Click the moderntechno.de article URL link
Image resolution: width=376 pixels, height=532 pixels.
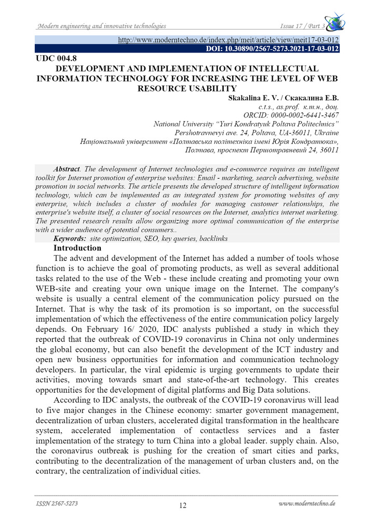(x=229, y=40)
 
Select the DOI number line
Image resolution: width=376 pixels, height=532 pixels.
(x=273, y=49)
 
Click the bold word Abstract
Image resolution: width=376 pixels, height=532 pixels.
(x=66, y=169)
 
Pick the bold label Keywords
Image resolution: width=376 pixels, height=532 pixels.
(x=71, y=238)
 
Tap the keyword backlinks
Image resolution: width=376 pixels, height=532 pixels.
(x=211, y=238)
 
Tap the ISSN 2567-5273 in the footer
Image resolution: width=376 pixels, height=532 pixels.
(x=58, y=503)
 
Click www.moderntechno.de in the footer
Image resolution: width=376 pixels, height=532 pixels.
(x=306, y=503)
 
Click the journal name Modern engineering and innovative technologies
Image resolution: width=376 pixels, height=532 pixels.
(x=101, y=26)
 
